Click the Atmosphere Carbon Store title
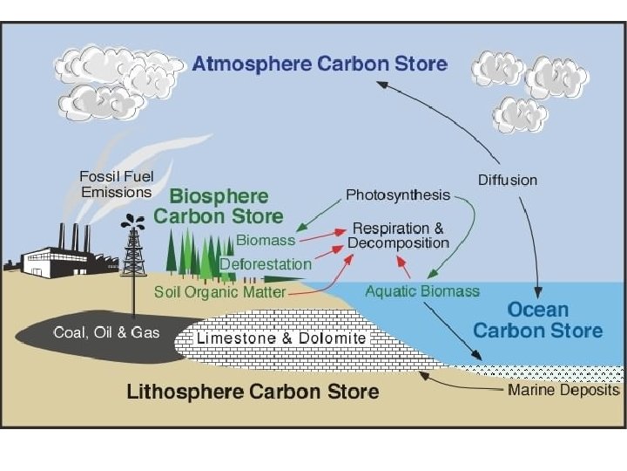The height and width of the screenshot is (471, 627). click(x=320, y=65)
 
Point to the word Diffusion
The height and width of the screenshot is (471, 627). click(x=508, y=181)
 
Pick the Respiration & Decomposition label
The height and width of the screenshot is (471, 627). click(x=398, y=235)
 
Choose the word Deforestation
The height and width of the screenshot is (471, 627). click(x=266, y=263)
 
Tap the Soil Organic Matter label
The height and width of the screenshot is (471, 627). click(x=219, y=291)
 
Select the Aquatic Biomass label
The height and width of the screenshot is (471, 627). click(x=422, y=290)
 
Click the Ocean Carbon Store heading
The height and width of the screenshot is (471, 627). click(x=538, y=320)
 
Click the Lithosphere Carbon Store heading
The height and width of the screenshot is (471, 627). click(x=253, y=390)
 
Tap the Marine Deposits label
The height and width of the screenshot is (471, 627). click(x=563, y=390)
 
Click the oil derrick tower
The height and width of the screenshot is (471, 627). click(x=134, y=249)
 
